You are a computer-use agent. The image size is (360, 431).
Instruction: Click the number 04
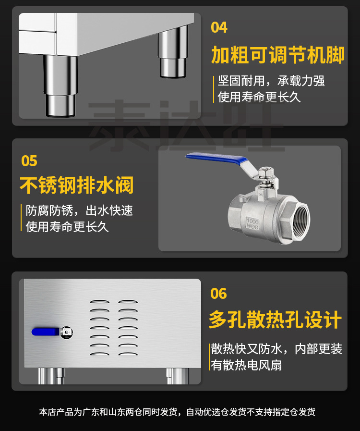[219, 27]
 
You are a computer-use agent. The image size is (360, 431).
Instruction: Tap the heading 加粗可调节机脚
[277, 55]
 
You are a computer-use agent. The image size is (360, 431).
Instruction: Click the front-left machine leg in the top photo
[60, 86]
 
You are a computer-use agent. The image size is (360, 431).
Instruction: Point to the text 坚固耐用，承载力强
[271, 81]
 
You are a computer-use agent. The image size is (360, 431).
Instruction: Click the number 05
[29, 161]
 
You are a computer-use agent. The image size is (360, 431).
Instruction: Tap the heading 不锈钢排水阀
[77, 185]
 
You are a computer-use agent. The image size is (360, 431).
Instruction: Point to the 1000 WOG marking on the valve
[252, 223]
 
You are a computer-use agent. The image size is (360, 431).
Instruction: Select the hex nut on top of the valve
[265, 172]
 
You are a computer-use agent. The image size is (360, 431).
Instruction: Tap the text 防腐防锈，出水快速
[79, 210]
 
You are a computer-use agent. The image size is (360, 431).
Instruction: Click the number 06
[218, 294]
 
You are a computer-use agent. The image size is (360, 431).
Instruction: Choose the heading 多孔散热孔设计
[275, 320]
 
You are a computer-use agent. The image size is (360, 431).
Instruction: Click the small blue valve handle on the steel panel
[46, 332]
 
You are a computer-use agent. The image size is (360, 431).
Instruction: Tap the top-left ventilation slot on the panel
[99, 302]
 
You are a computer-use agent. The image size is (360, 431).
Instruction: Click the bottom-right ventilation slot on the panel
[128, 354]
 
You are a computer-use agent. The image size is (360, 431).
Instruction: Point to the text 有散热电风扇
[246, 365]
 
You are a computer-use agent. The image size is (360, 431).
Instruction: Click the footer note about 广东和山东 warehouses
[177, 412]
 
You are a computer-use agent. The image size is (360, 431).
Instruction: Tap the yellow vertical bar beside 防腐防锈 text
[21, 218]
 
